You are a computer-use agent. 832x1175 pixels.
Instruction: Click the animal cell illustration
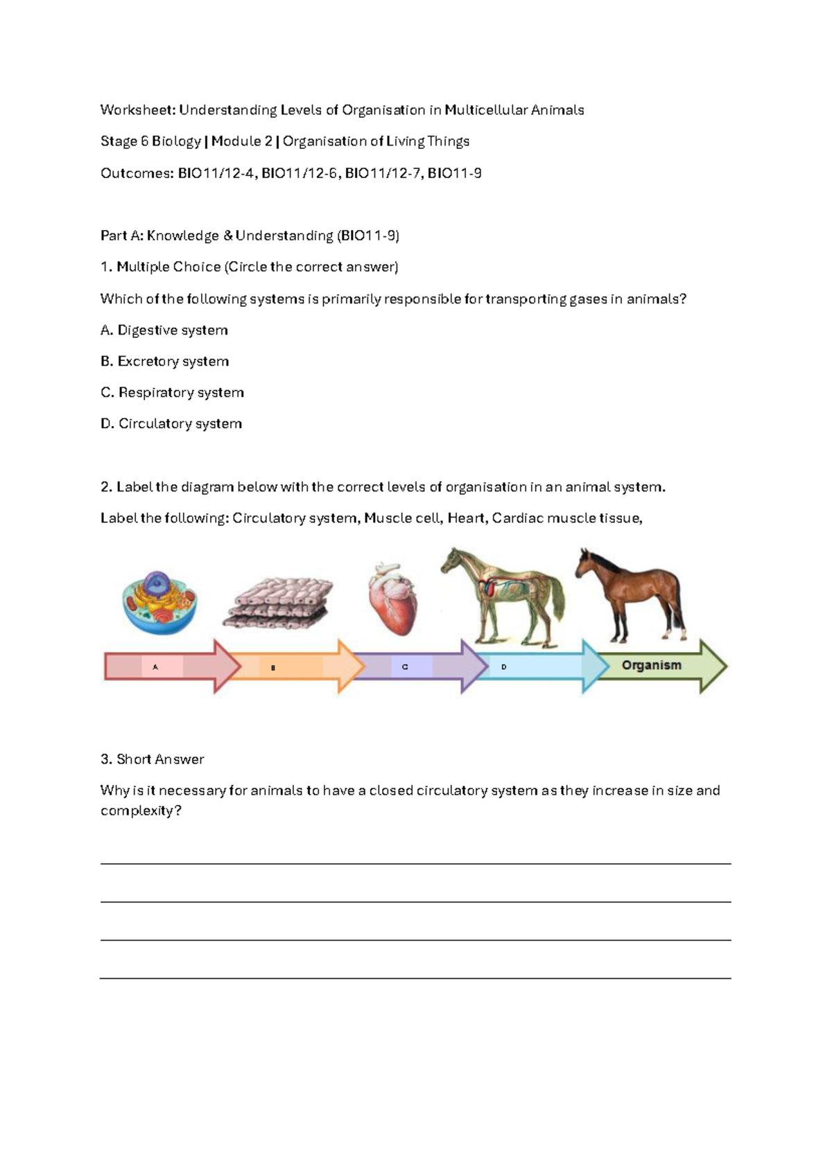159,601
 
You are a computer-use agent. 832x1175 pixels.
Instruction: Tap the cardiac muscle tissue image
279,602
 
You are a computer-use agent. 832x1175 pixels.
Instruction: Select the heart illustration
392,599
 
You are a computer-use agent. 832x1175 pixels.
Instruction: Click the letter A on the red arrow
155,667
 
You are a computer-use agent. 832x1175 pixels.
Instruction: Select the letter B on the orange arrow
273,668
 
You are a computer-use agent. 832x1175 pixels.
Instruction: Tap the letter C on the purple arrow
405,667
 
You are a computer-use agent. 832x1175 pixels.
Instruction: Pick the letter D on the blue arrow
504,667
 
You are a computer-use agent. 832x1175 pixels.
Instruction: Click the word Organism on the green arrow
651,665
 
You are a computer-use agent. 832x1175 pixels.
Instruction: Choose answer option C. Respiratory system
172,393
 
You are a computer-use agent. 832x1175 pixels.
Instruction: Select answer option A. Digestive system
164,330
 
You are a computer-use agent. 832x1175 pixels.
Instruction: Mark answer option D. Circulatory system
171,424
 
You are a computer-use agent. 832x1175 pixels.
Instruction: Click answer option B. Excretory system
164,362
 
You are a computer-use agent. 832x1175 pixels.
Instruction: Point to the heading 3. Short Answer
152,759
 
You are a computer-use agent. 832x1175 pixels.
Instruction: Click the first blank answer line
415,863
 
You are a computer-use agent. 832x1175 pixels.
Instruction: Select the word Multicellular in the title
485,110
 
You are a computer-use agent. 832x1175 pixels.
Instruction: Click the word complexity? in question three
141,811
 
